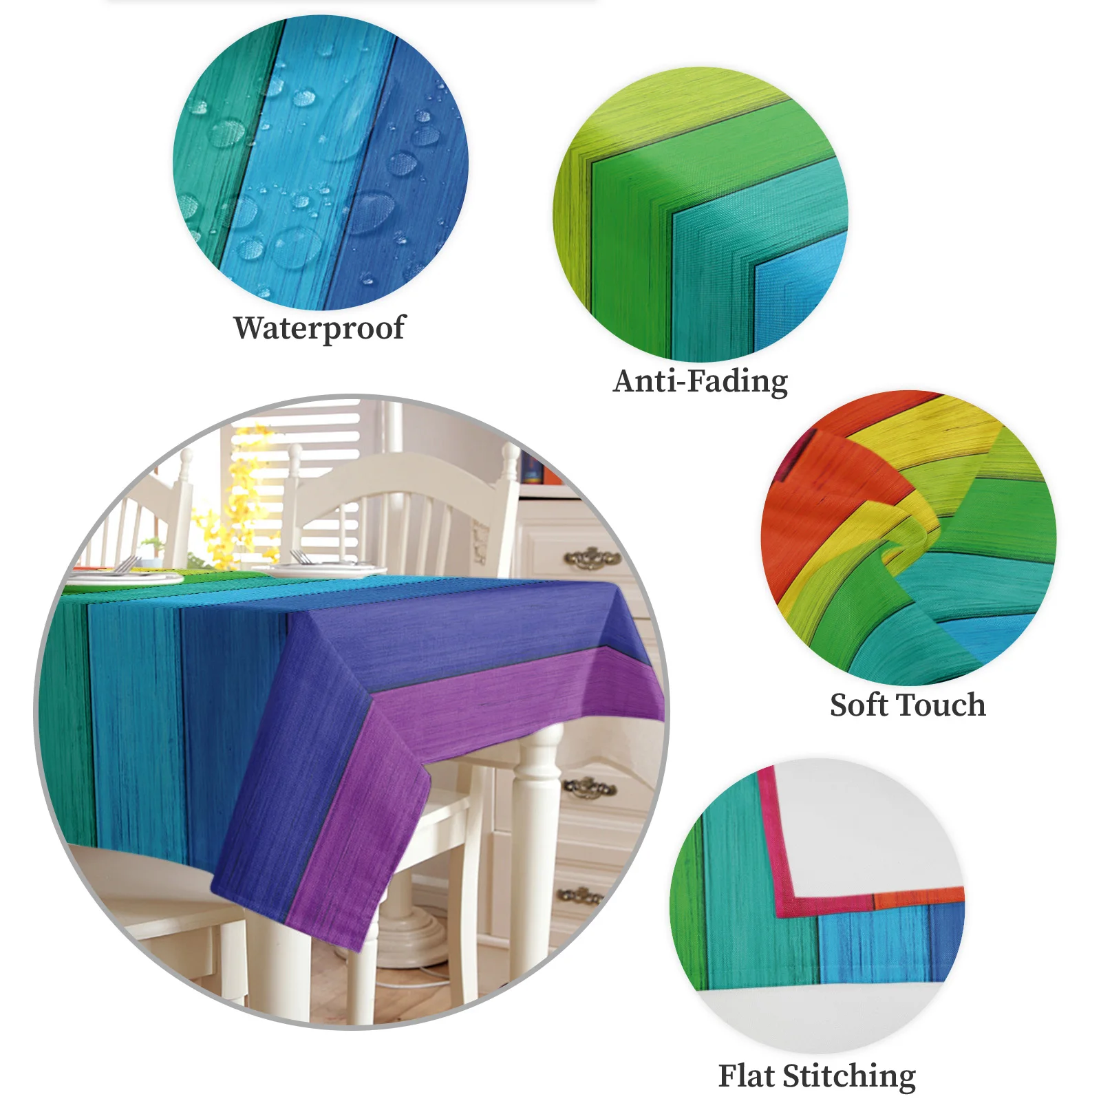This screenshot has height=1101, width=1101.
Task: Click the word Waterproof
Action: click(x=319, y=328)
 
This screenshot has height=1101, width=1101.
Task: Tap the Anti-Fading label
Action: click(x=700, y=381)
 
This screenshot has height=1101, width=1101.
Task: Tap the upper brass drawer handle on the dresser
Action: click(x=592, y=557)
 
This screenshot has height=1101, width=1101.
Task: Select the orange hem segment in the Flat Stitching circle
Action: click(x=919, y=897)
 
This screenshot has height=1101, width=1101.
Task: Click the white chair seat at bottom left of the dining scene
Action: click(x=151, y=888)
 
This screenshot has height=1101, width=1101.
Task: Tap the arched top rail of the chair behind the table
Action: click(x=406, y=475)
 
